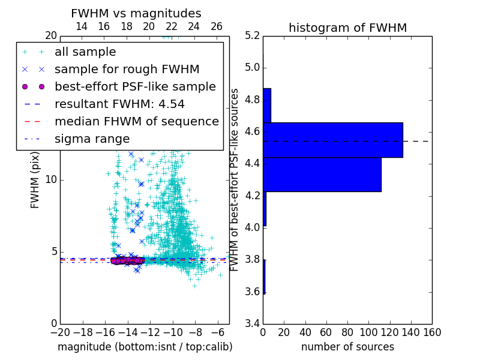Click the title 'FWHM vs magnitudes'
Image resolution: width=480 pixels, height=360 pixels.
pyautogui.click(x=136, y=13)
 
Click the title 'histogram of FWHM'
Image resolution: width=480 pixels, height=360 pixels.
pyautogui.click(x=347, y=28)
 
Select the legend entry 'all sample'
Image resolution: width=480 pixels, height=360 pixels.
pyautogui.click(x=85, y=52)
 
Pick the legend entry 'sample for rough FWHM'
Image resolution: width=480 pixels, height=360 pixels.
pyautogui.click(x=127, y=70)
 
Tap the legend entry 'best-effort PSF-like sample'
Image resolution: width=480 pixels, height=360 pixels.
pyautogui.click(x=135, y=87)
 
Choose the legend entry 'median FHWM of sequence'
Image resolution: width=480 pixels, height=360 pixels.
pyautogui.click(x=136, y=122)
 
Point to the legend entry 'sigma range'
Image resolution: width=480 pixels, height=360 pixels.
pyautogui.click(x=92, y=139)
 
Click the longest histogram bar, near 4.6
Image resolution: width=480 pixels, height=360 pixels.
pyautogui.click(x=332, y=140)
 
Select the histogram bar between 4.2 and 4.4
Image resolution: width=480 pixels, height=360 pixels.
pyautogui.click(x=322, y=175)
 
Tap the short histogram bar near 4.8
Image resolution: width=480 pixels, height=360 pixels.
pyautogui.click(x=266, y=106)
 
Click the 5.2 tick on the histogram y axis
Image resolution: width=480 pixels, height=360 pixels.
pyautogui.click(x=253, y=35)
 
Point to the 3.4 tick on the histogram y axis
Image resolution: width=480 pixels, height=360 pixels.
pyautogui.click(x=253, y=324)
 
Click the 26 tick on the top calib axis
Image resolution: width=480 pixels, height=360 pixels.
pyautogui.click(x=217, y=26)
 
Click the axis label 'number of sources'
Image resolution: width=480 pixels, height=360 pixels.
pyautogui.click(x=347, y=347)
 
